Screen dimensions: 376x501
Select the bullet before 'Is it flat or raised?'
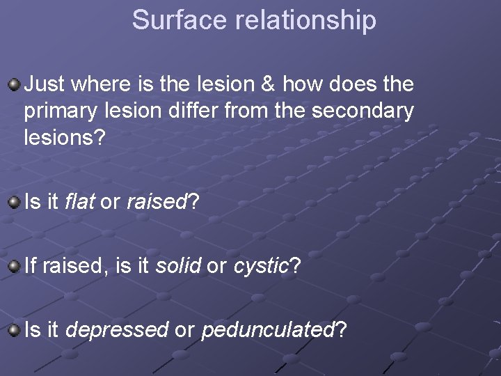[14, 203]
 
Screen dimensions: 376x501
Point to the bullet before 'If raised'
[14, 266]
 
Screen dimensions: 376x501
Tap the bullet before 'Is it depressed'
[14, 330]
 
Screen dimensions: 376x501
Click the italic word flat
[80, 203]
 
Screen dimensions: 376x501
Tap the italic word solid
[178, 266]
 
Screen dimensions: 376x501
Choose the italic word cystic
[261, 266]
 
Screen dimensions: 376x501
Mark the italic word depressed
[116, 330]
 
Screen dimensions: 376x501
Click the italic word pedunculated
[268, 330]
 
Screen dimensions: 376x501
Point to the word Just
[43, 85]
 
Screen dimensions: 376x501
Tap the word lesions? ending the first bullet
[65, 136]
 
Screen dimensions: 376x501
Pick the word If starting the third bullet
[31, 266]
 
